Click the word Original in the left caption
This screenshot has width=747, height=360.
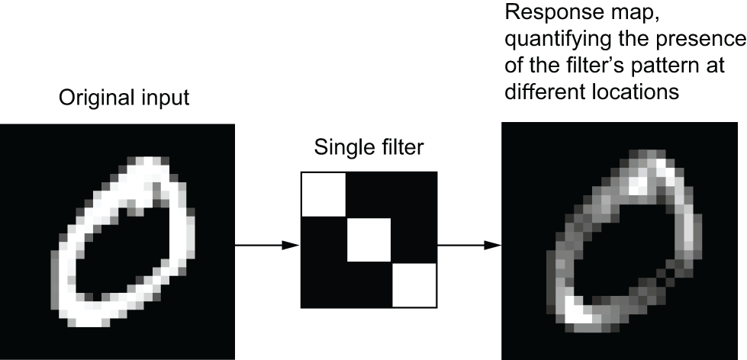[93, 98]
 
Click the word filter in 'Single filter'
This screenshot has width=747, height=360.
[400, 147]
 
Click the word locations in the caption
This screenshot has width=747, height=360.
[636, 91]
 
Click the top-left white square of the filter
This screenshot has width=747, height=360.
[324, 194]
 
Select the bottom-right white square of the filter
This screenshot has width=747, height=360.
[414, 284]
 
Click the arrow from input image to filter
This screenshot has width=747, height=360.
[267, 246]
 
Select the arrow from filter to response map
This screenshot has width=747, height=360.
[470, 246]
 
